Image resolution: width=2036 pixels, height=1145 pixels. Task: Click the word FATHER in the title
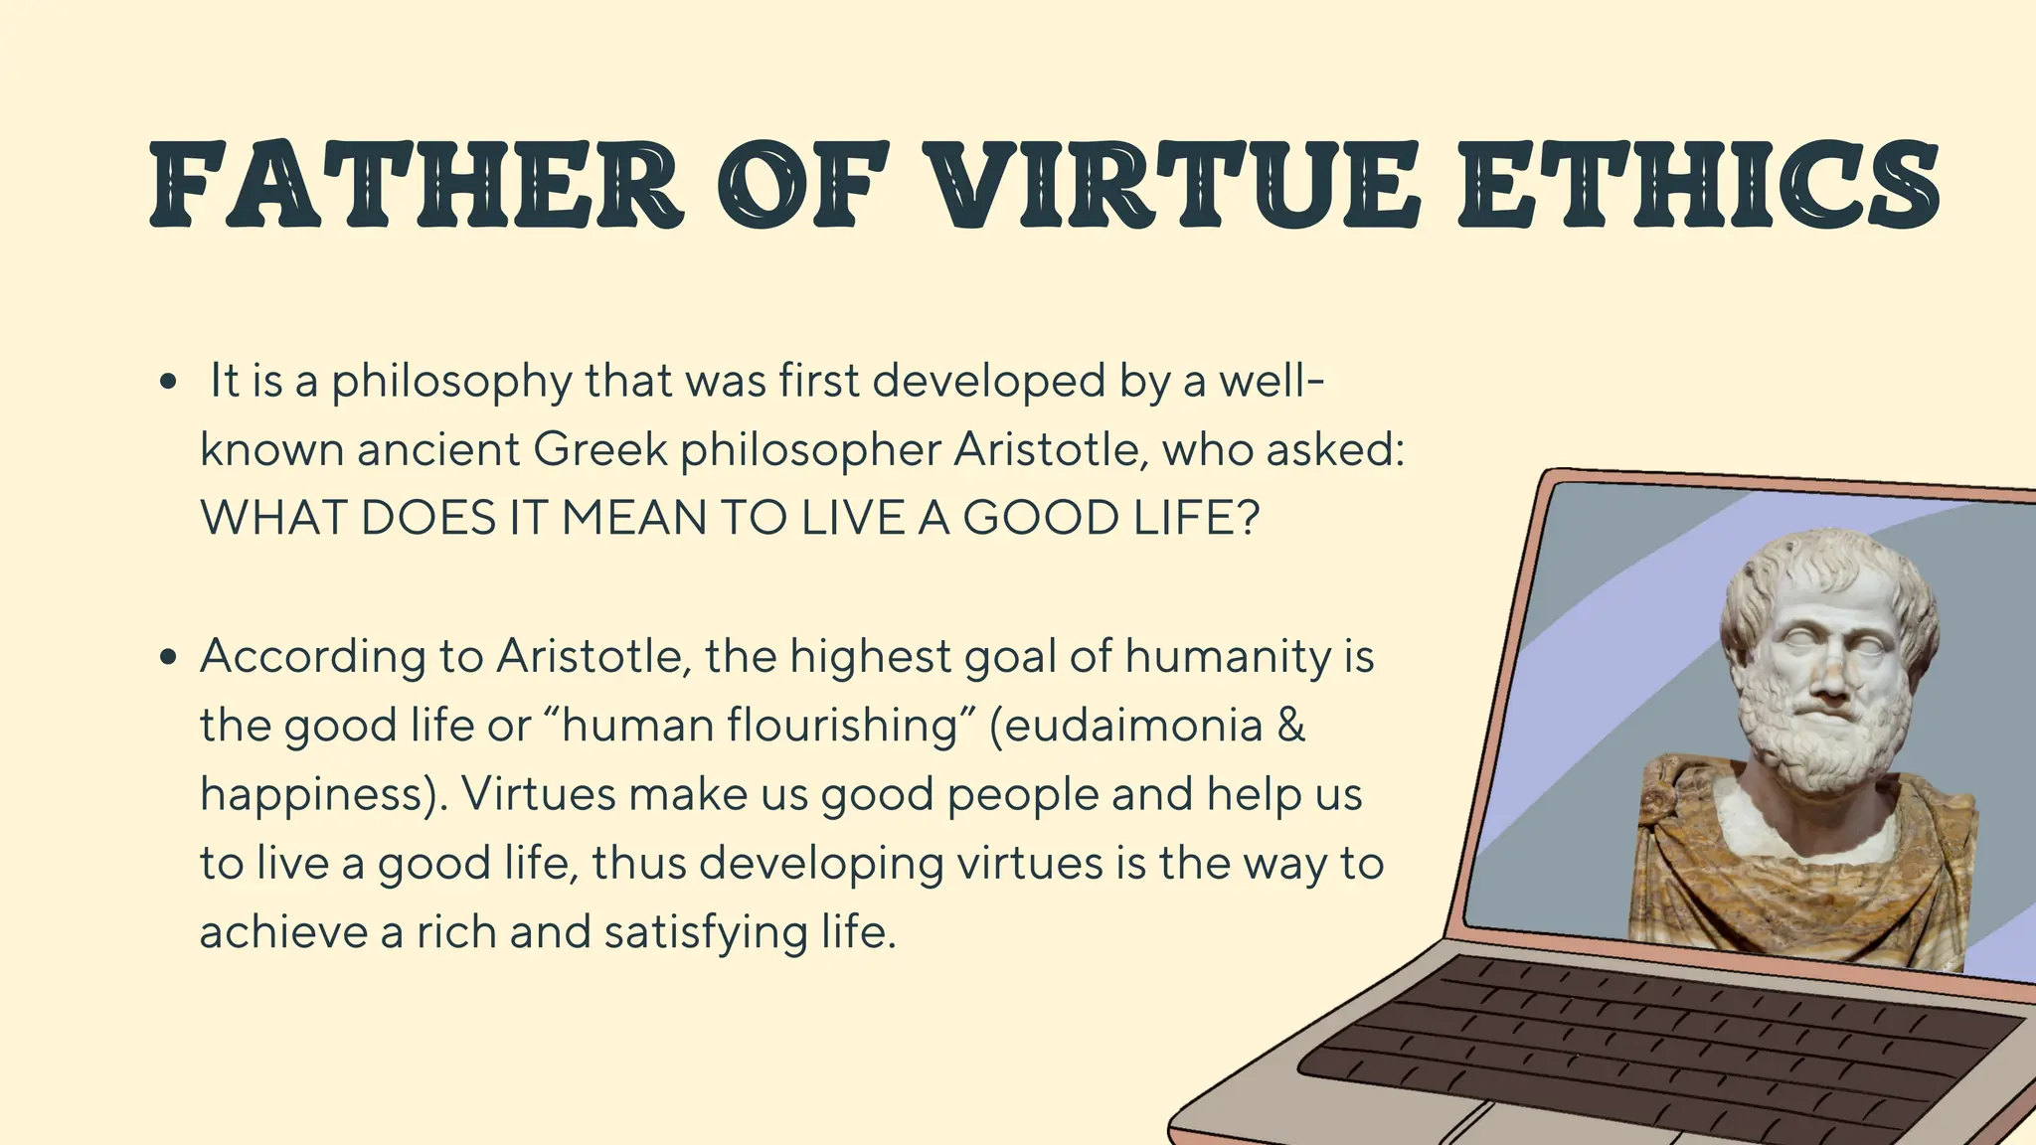pos(417,186)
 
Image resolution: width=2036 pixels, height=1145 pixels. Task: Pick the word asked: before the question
pos(1334,449)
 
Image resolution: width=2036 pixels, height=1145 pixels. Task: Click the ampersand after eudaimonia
pos(1289,725)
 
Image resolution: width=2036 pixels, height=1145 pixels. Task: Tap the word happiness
pos(313,794)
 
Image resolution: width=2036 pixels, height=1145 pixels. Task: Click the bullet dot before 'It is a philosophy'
pos(167,383)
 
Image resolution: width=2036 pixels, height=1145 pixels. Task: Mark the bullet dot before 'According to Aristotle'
pos(167,657)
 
